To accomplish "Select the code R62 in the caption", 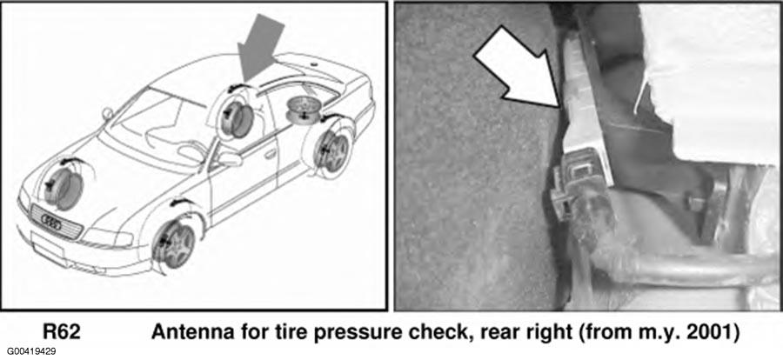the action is click(62, 332).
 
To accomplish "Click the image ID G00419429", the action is click(31, 351).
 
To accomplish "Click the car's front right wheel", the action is click(175, 244).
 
